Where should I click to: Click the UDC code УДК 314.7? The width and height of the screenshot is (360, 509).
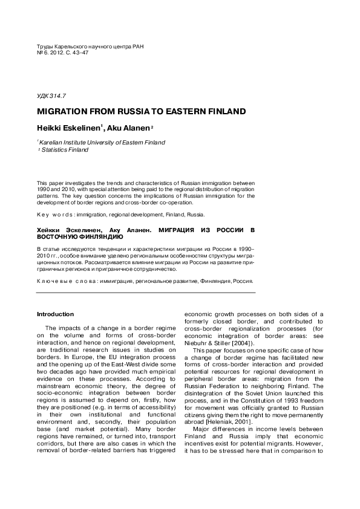51,96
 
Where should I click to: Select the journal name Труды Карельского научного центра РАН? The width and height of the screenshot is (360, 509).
91,46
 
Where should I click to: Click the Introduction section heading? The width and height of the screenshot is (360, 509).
55,314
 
